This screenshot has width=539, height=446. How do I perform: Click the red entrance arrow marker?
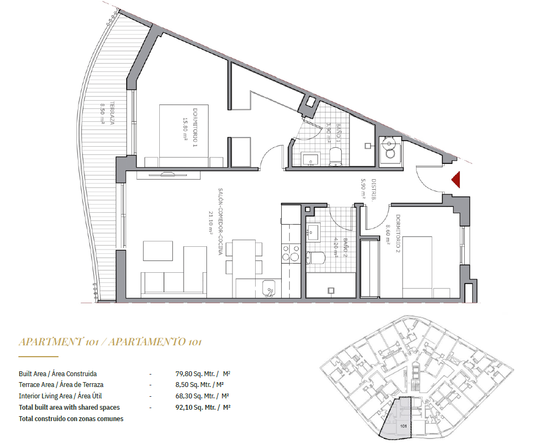456,180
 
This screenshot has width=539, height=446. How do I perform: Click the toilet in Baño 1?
335,156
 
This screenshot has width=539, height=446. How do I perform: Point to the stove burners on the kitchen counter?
290,253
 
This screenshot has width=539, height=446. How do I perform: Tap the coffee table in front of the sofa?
158,251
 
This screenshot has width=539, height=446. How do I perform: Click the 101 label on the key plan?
403,426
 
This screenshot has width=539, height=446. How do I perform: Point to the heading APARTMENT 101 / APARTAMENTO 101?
110,342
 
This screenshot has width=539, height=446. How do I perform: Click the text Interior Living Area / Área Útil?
60,396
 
